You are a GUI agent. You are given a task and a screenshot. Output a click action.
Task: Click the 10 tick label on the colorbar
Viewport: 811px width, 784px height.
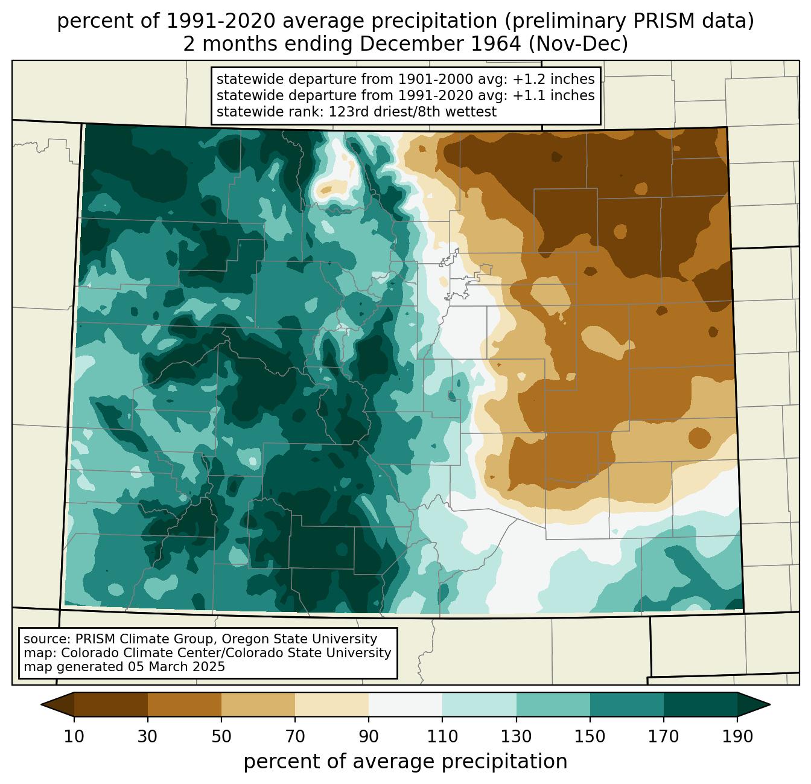click(74, 737)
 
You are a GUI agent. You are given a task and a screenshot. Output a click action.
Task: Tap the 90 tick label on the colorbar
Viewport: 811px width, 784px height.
click(369, 737)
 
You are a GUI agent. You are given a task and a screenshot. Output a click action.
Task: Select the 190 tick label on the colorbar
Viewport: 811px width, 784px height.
click(737, 737)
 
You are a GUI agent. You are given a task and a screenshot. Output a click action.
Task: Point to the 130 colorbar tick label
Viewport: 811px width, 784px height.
click(516, 737)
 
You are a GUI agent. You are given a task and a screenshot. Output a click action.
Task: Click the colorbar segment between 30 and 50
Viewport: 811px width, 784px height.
click(184, 705)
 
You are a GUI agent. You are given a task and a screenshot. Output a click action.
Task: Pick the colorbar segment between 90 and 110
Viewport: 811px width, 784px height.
click(405, 705)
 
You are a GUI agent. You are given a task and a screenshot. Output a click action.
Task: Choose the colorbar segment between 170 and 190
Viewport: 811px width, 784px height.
click(700, 705)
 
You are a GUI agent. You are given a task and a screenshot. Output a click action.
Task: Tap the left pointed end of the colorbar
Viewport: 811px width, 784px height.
click(42, 705)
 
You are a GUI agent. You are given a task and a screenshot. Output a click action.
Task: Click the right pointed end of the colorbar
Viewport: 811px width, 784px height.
click(770, 705)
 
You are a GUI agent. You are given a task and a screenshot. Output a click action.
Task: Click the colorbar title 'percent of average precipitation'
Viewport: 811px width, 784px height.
click(405, 762)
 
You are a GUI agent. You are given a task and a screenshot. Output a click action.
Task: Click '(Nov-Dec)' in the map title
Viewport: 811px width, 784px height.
click(578, 44)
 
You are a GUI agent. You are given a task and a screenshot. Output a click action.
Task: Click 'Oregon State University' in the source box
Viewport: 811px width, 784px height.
click(299, 639)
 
